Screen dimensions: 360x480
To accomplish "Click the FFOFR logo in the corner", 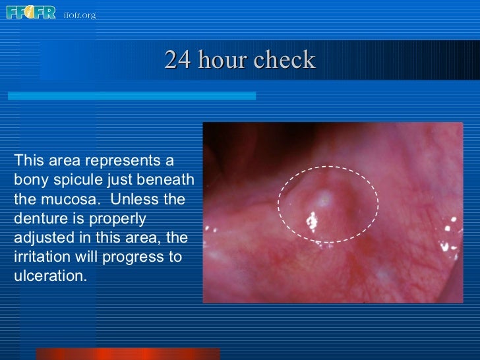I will (31, 13).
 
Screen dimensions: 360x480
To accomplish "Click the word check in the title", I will (285, 60).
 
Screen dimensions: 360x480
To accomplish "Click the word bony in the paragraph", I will (27, 180).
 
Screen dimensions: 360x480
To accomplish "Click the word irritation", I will (40, 256).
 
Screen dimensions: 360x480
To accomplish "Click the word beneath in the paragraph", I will (167, 180).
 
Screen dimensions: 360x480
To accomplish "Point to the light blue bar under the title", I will (132, 96).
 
